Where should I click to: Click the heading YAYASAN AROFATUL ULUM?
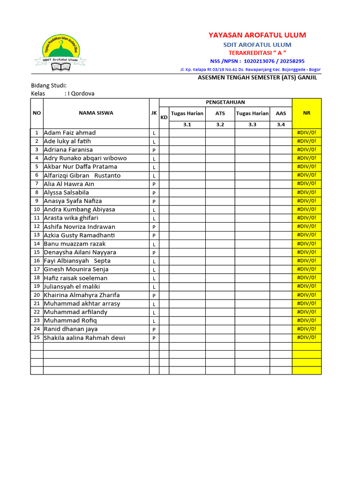pos(257,35)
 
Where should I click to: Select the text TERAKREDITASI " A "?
pos(257,52)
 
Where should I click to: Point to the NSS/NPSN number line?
pos(257,61)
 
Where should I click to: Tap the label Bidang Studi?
pos(49,85)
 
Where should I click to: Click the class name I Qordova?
pos(81,93)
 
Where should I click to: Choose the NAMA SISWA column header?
pos(96,113)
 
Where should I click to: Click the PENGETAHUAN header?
pos(225,102)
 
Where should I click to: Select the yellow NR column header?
pos(307,113)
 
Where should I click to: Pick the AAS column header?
pos(281,113)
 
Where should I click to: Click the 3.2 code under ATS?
pos(220,125)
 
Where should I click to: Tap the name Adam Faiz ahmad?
pos(70,133)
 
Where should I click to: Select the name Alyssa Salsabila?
pos(66,192)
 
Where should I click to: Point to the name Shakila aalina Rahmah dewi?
pos(84,338)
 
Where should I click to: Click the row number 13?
pos(37,235)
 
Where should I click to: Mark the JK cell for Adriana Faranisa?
pos(154,150)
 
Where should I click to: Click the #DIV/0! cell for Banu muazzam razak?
pos(307,243)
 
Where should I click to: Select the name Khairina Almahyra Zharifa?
pos(82,295)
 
